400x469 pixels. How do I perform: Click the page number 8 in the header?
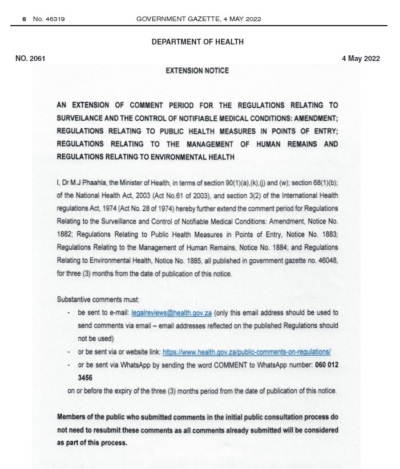point(24,19)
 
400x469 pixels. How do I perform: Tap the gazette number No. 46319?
point(49,19)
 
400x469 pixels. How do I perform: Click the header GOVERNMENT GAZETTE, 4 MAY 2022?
point(199,19)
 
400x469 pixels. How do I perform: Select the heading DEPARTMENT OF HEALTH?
point(197,42)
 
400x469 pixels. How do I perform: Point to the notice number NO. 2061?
point(30,58)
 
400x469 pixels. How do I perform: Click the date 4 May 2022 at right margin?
point(361,58)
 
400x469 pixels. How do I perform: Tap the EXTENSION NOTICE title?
point(197,71)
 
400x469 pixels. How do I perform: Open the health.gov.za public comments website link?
point(247,352)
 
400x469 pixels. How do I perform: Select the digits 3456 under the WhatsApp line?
point(85,377)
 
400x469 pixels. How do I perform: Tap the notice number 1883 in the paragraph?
point(326,234)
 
